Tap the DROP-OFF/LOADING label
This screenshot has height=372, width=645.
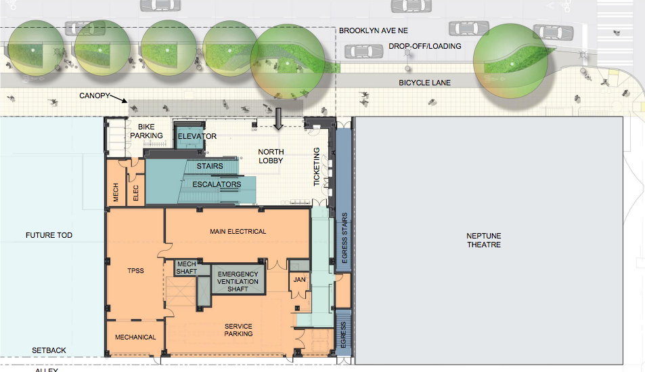[424, 46]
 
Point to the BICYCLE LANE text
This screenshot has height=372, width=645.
[424, 83]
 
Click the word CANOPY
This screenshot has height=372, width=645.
[93, 96]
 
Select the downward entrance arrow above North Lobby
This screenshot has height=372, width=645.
[277, 117]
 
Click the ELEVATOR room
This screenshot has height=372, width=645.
[196, 136]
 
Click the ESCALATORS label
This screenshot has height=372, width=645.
[217, 184]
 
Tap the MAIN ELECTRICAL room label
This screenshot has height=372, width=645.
[238, 232]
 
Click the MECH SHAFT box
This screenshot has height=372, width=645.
[186, 268]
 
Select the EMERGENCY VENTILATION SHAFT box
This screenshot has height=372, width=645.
[237, 281]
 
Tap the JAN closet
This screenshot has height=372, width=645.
[298, 278]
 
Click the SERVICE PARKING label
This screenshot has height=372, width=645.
[238, 330]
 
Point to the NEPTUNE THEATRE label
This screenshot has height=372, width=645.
[483, 240]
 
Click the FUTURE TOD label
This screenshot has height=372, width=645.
[49, 235]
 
